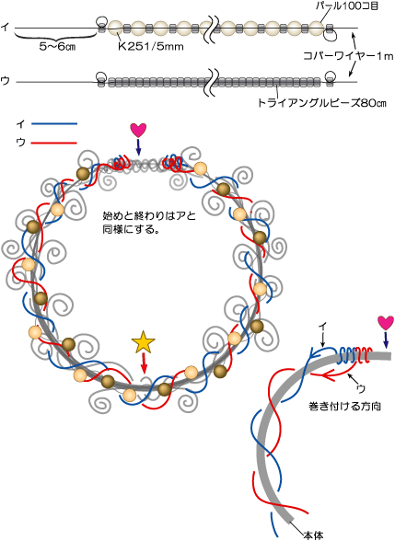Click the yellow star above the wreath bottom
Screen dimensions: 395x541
(x=143, y=342)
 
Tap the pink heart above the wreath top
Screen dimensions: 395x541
(x=138, y=131)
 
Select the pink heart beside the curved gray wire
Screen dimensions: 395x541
(x=385, y=323)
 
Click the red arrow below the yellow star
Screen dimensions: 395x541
(x=144, y=363)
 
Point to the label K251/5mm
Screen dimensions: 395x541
(x=150, y=47)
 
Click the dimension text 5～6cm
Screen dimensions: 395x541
(x=57, y=47)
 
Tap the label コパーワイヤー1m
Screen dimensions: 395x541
(x=348, y=56)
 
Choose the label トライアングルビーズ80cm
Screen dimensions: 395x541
(x=322, y=103)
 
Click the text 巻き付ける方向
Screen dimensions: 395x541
(x=344, y=406)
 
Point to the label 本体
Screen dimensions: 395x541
(x=313, y=535)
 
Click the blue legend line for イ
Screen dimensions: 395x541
(x=54, y=123)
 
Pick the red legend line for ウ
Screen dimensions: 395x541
(x=54, y=142)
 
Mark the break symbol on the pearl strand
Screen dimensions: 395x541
(x=211, y=29)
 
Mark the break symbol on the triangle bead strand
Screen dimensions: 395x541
(x=212, y=82)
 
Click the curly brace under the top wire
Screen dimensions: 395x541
(x=55, y=35)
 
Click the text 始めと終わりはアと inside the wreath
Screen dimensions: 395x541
(x=149, y=216)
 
